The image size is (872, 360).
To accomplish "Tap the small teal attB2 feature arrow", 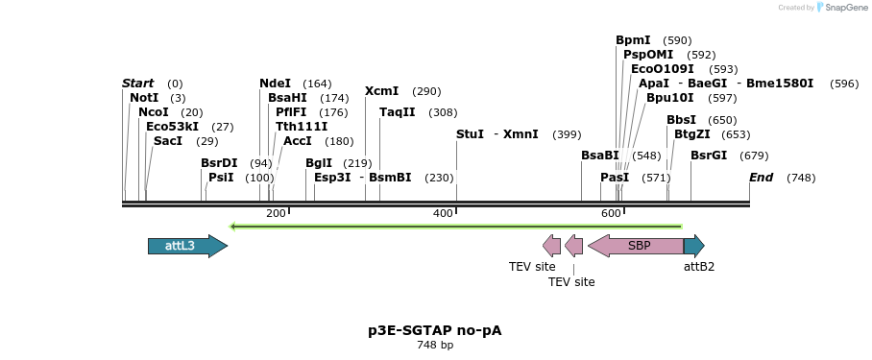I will pos(694,246).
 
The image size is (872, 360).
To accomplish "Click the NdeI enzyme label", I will pos(275,84).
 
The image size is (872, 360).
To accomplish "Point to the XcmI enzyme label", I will pos(381,91).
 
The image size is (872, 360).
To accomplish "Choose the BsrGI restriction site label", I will pos(709,156).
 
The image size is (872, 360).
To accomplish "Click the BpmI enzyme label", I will pos(633,40).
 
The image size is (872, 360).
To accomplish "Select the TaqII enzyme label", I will pos(397,112).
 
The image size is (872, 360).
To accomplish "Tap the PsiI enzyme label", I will pos(221,178).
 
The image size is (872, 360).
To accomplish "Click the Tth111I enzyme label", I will pos(302,127).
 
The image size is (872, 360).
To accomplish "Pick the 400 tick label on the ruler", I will pos(443,213).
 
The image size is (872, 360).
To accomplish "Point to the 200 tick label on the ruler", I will pos(276,213).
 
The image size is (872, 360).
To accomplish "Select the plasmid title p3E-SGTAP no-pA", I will pos(434,330).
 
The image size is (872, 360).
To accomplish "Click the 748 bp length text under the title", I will pos(434,345).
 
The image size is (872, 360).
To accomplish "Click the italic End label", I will pos(761,178).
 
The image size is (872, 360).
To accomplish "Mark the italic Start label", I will pos(137,84).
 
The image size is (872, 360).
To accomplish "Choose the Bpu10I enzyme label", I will pos(669,98).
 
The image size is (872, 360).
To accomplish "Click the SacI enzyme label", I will pos(167,141).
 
